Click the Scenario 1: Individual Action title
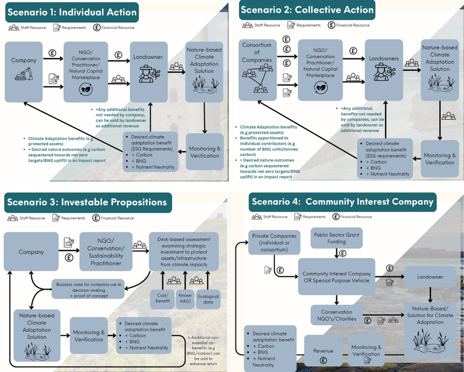pyautogui.click(x=73, y=12)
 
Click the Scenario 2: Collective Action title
pyautogui.click(x=306, y=10)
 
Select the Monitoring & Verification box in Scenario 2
pyautogui.click(x=439, y=158)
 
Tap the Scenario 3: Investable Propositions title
pyautogui.click(x=87, y=202)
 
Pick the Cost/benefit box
pyautogui.click(x=164, y=297)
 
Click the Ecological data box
pyautogui.click(x=208, y=297)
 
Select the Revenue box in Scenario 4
pyautogui.click(x=324, y=351)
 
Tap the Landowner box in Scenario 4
pyautogui.click(x=430, y=277)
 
